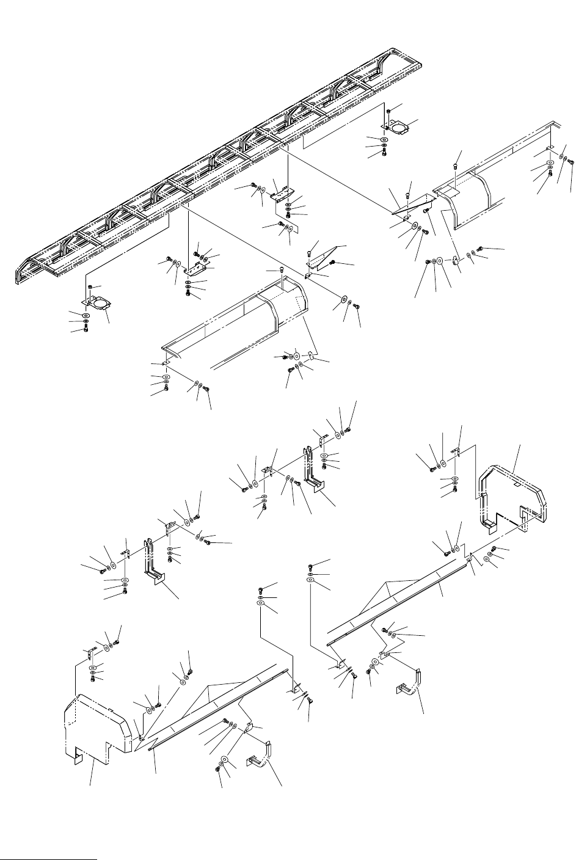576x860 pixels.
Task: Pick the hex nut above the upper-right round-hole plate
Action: coord(388,111)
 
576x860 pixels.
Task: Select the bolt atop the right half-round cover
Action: coord(456,165)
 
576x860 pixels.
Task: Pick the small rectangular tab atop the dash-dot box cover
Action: coord(517,483)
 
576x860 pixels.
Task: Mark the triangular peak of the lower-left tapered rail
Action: coord(210,687)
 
